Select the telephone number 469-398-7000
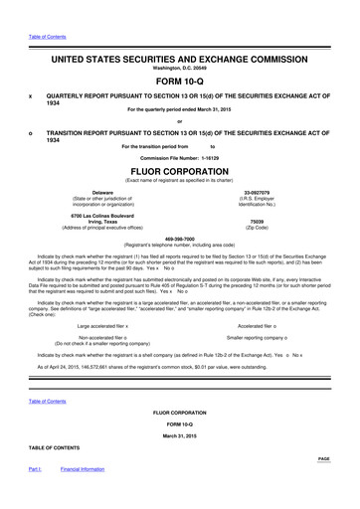(x=179, y=239)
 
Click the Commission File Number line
(x=179, y=157)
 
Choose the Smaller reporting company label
(x=257, y=337)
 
